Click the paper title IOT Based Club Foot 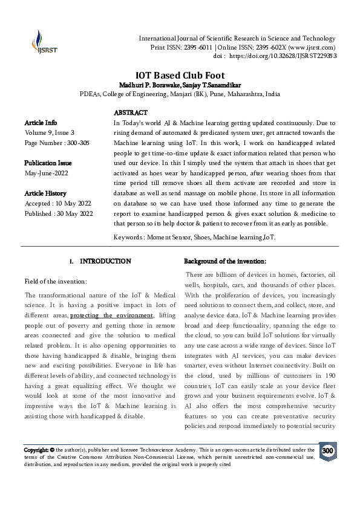(x=180, y=74)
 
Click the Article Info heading (x=41, y=123)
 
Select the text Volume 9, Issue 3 (x=50, y=132)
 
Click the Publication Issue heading (x=48, y=163)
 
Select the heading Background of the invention (x=224, y=261)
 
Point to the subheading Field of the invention (x=56, y=281)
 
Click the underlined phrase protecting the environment (x=111, y=315)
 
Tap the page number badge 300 (x=327, y=451)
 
